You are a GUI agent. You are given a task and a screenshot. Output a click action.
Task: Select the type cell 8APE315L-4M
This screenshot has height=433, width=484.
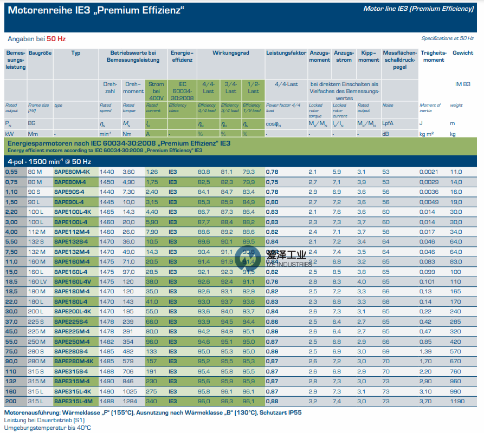click(73, 401)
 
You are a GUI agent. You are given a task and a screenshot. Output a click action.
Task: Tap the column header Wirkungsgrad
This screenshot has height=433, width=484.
click(230, 53)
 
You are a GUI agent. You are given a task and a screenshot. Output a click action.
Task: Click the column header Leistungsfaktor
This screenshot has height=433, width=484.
click(285, 53)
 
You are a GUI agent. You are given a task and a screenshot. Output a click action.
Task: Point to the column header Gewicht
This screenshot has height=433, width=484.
click(463, 53)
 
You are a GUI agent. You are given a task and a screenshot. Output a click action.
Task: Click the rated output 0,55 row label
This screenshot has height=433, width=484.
click(12, 172)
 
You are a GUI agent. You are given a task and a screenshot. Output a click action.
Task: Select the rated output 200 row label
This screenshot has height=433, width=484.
click(11, 401)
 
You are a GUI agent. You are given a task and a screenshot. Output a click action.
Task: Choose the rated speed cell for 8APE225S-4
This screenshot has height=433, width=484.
click(107, 322)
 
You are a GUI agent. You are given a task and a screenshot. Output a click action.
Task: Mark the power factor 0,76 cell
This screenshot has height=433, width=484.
click(272, 281)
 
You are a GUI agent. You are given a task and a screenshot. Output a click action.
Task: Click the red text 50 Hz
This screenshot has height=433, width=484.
click(57, 39)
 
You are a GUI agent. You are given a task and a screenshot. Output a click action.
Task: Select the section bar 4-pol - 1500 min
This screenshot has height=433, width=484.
click(49, 161)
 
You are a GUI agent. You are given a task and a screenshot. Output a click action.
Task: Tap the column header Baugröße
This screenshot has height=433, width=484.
click(40, 53)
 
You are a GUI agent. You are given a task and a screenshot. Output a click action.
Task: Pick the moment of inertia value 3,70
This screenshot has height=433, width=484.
click(425, 401)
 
